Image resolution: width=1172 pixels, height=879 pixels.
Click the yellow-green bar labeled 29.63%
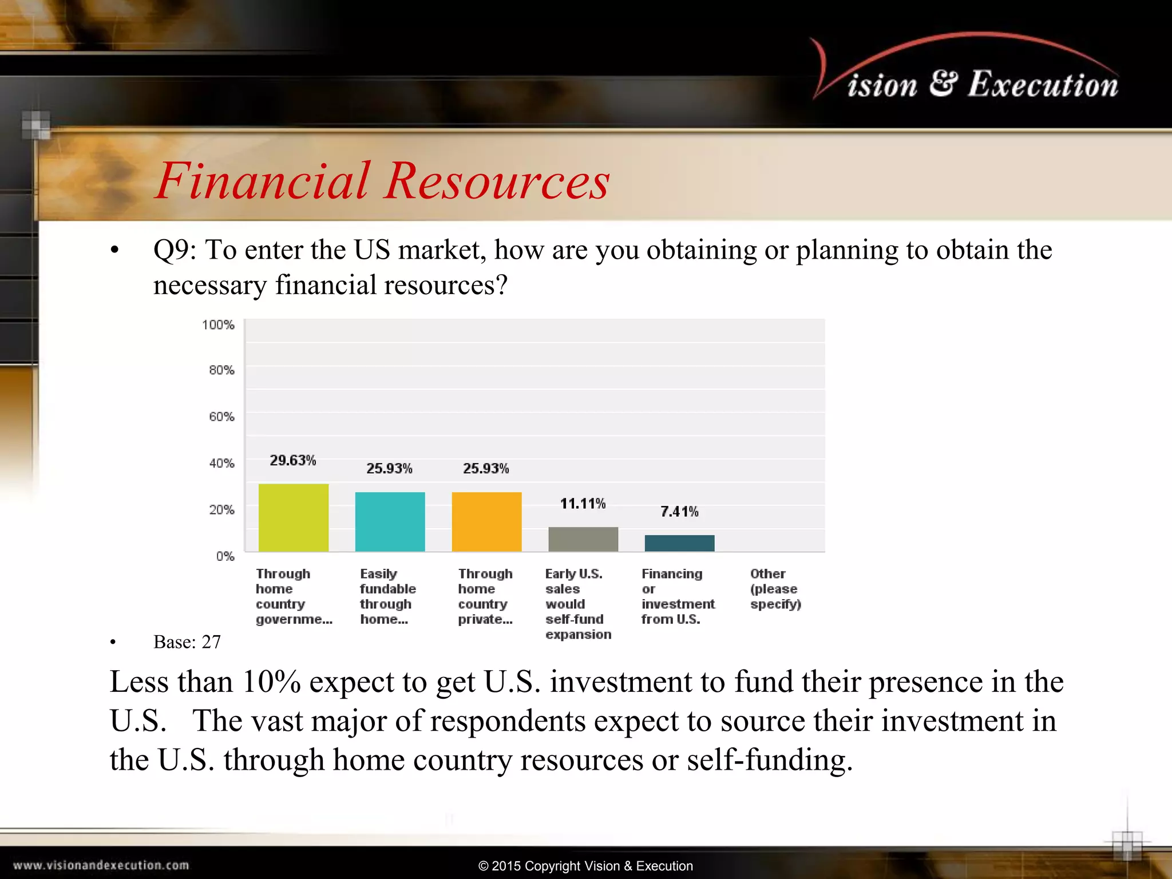coord(294,517)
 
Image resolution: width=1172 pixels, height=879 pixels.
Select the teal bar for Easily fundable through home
coord(390,521)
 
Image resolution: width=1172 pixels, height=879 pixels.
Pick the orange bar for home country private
coord(486,521)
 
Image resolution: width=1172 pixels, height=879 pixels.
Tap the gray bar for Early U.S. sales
coord(583,539)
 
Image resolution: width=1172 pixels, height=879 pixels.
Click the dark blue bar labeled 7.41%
coord(679,543)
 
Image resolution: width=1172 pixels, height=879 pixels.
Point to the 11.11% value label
coord(583,504)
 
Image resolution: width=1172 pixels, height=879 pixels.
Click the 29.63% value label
coord(293,461)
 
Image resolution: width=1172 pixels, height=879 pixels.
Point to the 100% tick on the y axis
coord(218,325)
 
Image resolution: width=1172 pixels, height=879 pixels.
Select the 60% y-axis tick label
coord(221,417)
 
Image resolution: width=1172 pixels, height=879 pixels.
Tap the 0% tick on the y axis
coord(225,556)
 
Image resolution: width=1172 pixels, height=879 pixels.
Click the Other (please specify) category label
coord(775,589)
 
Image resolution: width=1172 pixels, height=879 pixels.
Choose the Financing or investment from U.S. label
coord(678,596)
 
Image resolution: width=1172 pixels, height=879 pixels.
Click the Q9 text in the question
coord(173,250)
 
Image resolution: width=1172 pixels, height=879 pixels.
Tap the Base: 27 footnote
coord(187,642)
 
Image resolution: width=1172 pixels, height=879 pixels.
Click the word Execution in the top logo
coord(1043,85)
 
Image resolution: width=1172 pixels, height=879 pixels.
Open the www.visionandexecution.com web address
coord(101,865)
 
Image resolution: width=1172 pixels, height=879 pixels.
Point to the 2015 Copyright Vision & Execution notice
coord(585,866)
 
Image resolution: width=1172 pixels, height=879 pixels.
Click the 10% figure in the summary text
coord(271,682)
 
